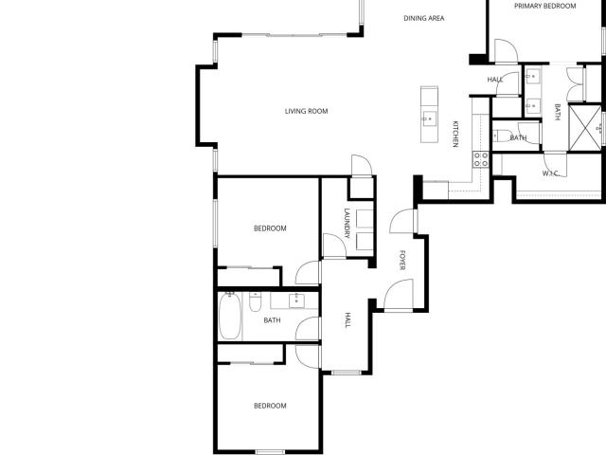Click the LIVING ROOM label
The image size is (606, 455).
pos(306,112)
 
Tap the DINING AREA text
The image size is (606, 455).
pos(424,18)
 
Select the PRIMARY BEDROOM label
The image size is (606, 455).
pos(545,6)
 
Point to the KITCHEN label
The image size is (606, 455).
pos(455,135)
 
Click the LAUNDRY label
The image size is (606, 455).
pos(347,224)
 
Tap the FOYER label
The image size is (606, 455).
pos(402,260)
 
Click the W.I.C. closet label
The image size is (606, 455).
pos(550,173)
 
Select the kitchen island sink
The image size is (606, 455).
pos(429,118)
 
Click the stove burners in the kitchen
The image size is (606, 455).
pos(480,159)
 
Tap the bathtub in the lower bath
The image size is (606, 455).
pos(230,316)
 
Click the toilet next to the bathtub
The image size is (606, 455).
pos(255,301)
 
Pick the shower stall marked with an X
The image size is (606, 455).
pos(585,127)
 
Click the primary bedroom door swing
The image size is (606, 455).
pos(506,50)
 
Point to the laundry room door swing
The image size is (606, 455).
pos(334,246)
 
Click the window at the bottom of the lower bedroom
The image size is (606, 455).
pos(270,452)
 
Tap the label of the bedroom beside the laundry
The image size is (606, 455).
pos(270,228)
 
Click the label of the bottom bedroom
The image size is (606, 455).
pos(270,406)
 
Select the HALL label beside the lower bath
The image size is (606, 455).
pos(348,320)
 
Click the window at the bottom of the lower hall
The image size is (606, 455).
pos(347,373)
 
